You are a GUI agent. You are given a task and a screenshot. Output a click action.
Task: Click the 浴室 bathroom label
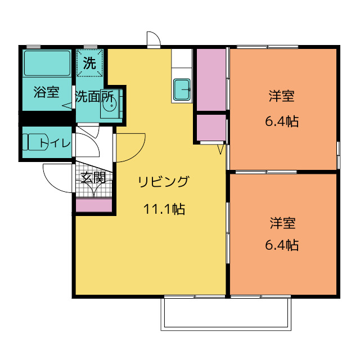coord(47,92)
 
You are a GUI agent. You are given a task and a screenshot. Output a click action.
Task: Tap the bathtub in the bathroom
coord(47,63)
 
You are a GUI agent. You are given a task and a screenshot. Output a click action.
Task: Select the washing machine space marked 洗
coord(89,62)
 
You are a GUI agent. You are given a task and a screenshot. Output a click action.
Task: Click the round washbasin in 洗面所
coord(109,105)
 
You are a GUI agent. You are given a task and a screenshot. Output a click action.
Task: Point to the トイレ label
coord(55,143)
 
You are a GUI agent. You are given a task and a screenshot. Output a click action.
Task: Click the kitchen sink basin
coord(182,89)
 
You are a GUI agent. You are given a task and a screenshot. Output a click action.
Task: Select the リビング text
coord(164,182)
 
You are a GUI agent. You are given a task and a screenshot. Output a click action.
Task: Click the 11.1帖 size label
coord(164,209)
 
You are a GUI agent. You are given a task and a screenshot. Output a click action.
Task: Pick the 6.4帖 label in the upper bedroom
coord(282,121)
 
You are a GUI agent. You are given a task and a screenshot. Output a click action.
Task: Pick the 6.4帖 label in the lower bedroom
coord(282,245)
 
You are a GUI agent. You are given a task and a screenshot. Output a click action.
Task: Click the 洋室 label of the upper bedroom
coord(282,96)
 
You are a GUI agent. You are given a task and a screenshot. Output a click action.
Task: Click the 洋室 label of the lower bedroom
coord(282,223)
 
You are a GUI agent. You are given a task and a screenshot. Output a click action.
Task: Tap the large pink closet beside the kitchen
coord(211,80)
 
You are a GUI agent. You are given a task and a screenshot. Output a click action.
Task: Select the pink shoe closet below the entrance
coord(94,206)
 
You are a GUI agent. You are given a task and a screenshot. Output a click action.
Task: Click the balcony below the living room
coord(226,314)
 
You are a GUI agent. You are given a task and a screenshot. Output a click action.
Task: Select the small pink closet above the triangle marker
coord(211,128)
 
